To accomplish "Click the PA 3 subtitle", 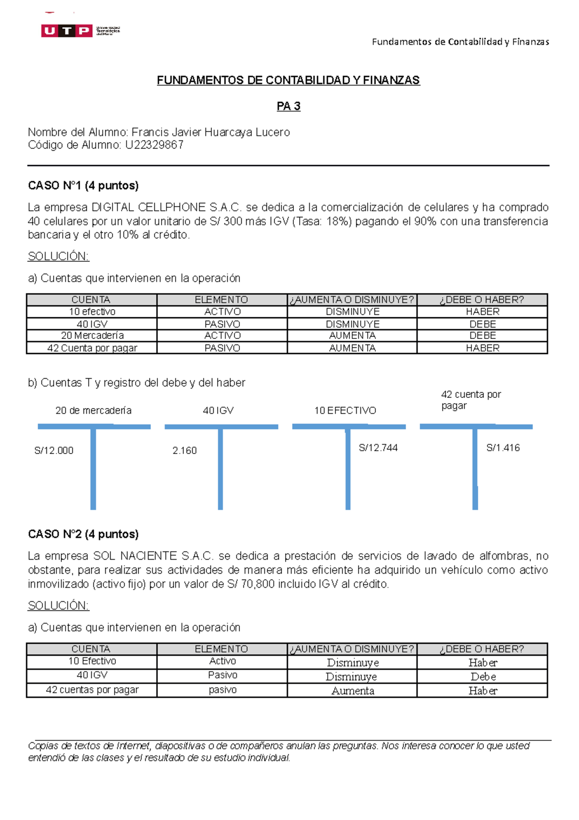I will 289,106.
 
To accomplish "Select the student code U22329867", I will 154,145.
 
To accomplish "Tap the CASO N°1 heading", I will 83,185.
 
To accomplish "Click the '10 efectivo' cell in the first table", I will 92,312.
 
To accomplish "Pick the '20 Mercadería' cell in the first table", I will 92,336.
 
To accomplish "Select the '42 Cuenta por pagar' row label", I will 92,348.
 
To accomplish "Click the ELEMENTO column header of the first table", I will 221,300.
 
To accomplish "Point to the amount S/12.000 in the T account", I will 54,451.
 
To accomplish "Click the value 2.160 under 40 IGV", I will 185,451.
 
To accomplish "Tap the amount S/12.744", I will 378,448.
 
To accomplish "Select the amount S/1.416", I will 503,448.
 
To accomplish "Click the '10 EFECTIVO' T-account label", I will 345,410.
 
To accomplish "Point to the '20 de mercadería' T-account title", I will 93,410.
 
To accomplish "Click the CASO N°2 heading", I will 83,534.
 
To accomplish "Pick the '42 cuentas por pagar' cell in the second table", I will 92,690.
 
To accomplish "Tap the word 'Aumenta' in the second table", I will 353,691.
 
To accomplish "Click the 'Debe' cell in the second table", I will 483,677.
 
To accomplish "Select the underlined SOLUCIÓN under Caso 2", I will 58,606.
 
